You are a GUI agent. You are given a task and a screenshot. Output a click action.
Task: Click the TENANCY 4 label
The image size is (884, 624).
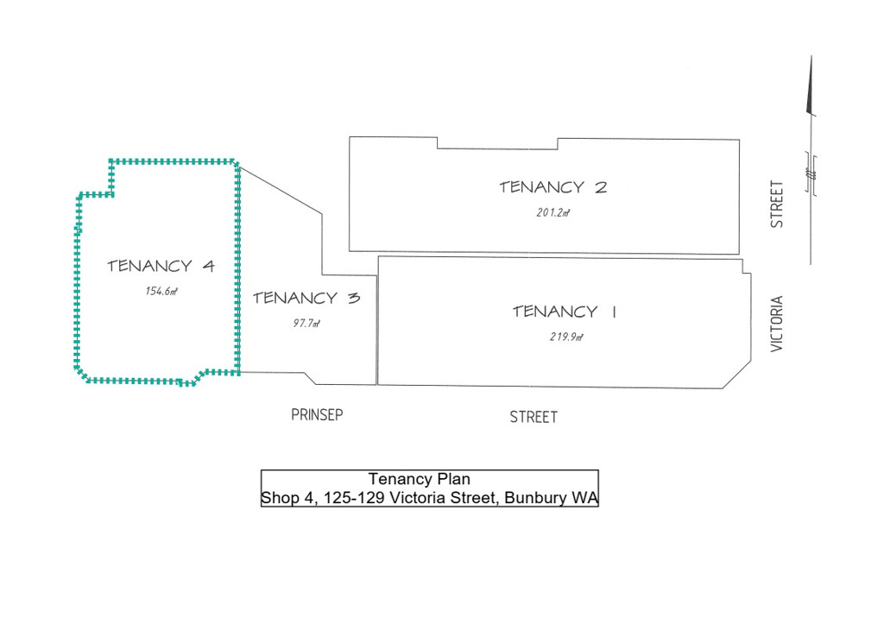point(161,266)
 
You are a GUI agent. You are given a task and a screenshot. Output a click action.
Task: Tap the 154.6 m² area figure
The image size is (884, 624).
point(161,292)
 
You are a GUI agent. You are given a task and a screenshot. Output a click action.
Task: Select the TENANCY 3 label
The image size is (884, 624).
point(306,298)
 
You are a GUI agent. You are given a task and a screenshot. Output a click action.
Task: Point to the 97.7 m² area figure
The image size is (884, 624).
point(306,324)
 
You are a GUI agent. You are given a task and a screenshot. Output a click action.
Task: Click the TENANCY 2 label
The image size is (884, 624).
point(553,187)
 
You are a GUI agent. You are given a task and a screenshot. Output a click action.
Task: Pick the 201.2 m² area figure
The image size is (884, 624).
point(553,213)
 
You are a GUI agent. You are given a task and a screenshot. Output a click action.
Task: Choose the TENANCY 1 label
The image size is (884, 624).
point(565,312)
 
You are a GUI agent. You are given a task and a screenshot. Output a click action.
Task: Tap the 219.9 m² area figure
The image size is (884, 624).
point(566,337)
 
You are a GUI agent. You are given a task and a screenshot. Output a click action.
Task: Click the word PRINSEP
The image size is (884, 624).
point(317,415)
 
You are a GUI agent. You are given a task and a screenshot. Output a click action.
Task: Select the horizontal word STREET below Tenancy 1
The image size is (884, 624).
point(534,417)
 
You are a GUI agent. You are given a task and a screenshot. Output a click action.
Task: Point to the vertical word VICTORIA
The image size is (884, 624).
point(777,325)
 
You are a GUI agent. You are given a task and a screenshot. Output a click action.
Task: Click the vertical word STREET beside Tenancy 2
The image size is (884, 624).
point(777,204)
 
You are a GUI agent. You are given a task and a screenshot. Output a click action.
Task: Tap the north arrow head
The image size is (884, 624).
point(811,85)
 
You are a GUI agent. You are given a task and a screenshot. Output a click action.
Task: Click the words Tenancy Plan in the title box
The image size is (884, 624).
point(419,479)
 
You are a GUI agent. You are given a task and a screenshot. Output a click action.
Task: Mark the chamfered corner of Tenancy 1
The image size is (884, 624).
point(737,375)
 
